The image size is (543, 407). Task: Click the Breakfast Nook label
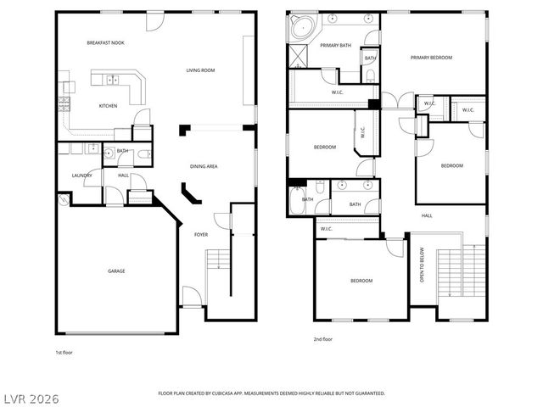pyautogui.click(x=106, y=42)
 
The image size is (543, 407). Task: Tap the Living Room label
pyautogui.click(x=200, y=70)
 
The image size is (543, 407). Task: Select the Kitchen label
pyautogui.click(x=108, y=106)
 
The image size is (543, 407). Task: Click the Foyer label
pyautogui.click(x=201, y=234)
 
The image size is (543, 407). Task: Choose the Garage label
pyautogui.click(x=116, y=271)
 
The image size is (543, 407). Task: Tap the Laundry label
pyautogui.click(x=81, y=176)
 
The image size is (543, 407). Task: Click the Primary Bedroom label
pyautogui.click(x=431, y=58)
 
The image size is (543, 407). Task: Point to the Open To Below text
pyautogui.click(x=422, y=265)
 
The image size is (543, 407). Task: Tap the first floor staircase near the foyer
pyautogui.click(x=219, y=260)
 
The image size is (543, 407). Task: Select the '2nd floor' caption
pyautogui.click(x=322, y=339)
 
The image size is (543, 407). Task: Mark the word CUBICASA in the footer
pyautogui.click(x=245, y=393)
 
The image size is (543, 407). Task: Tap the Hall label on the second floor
pyautogui.click(x=427, y=215)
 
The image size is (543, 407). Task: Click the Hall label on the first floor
pyautogui.click(x=123, y=176)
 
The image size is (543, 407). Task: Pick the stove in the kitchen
pyautogui.click(x=64, y=104)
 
